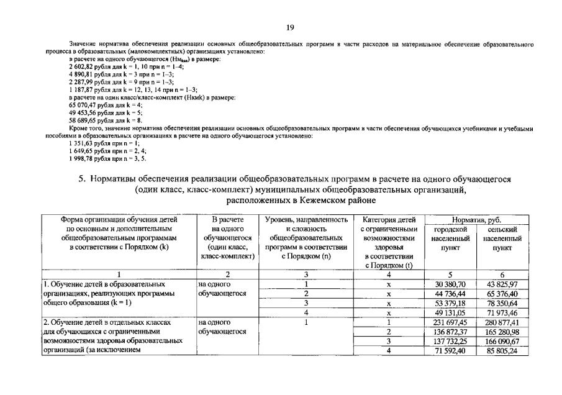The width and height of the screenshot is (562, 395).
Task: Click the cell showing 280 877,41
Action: pyautogui.click(x=501, y=322)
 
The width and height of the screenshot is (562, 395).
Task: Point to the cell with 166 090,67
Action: pyautogui.click(x=501, y=341)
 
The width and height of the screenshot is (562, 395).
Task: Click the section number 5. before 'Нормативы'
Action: pyautogui.click(x=81, y=179)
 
